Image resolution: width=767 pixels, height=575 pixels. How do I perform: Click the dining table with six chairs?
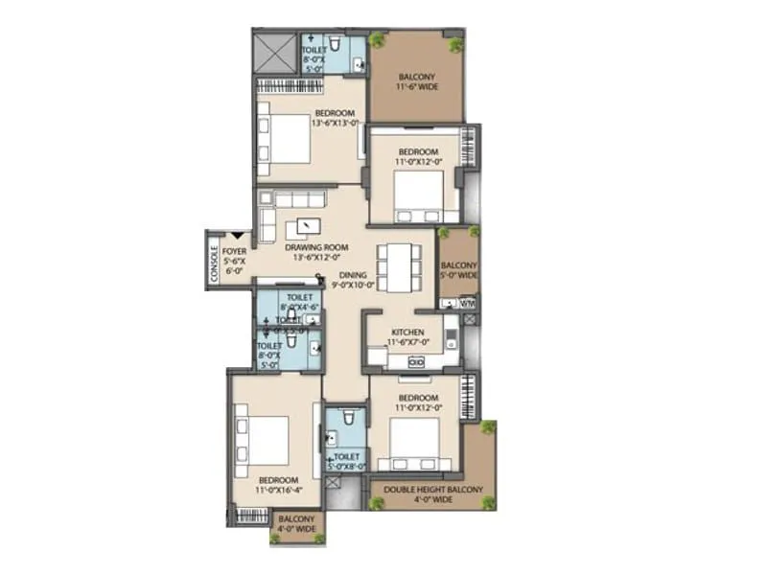click(x=396, y=266)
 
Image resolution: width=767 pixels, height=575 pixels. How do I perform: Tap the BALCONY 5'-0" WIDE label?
click(x=457, y=270)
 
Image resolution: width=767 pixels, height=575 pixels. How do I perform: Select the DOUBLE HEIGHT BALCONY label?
click(x=434, y=494)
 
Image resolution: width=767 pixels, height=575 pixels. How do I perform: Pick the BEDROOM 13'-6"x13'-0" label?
click(x=336, y=117)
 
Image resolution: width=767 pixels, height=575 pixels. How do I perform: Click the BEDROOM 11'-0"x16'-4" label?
click(x=278, y=485)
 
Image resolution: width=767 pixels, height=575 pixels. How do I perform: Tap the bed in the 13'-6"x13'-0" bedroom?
click(x=286, y=137)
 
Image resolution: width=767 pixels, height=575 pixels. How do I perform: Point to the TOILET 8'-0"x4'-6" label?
click(x=301, y=303)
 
